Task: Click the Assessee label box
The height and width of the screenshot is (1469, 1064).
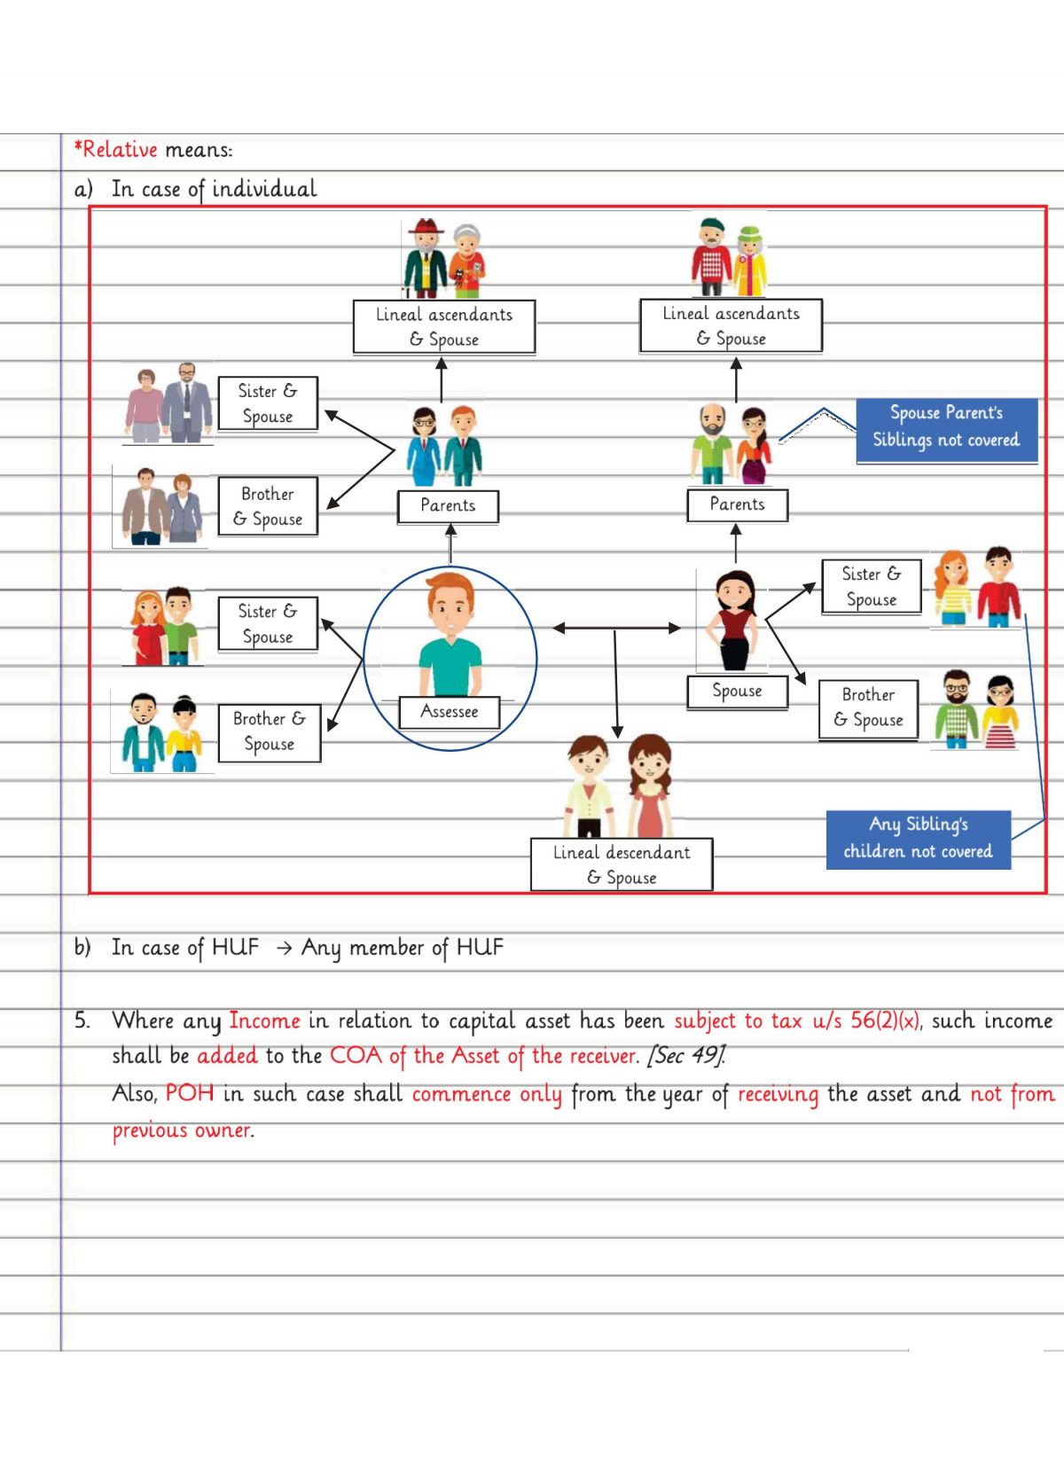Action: (x=449, y=712)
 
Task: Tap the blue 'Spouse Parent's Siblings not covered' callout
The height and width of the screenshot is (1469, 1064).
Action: (x=946, y=426)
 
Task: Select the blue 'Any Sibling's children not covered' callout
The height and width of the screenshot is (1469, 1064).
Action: (x=918, y=838)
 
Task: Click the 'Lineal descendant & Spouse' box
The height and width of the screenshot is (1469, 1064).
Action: (x=622, y=864)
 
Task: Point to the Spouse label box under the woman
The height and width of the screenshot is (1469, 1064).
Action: (x=737, y=691)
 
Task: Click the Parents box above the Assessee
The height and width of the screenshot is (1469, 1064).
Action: (x=448, y=505)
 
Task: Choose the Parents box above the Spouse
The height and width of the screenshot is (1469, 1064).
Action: (x=737, y=504)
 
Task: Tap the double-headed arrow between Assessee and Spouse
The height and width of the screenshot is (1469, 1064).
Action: (x=615, y=628)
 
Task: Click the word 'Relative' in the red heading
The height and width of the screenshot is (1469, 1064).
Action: (x=120, y=150)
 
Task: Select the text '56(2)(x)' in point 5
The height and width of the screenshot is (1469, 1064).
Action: (x=884, y=1020)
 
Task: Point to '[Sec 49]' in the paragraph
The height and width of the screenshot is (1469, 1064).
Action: (x=686, y=1056)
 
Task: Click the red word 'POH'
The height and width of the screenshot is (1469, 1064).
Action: (x=190, y=1093)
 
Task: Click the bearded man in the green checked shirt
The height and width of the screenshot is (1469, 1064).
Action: (x=956, y=709)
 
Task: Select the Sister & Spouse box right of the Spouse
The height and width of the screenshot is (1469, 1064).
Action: (x=871, y=586)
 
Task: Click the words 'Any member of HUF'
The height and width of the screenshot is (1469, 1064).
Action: (x=402, y=948)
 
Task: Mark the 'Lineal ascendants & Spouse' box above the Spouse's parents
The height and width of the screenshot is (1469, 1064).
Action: (x=731, y=325)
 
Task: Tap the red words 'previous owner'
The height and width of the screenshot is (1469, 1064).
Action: (x=182, y=1130)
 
